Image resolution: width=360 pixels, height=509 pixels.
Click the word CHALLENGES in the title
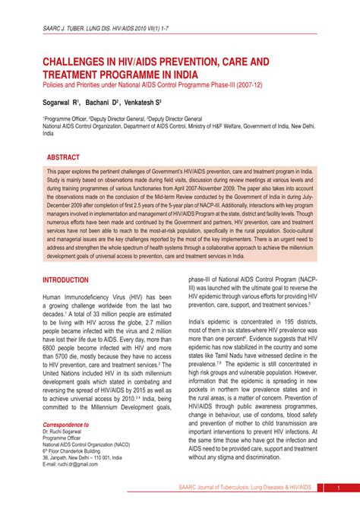click(x=78, y=61)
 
